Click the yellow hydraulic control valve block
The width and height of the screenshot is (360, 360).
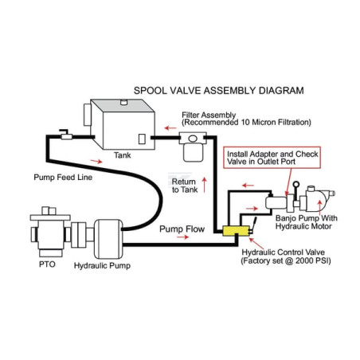(x=236, y=231)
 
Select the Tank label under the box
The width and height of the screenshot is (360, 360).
(x=123, y=155)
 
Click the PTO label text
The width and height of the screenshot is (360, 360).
(x=47, y=264)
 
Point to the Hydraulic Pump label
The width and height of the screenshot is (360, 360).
(x=102, y=266)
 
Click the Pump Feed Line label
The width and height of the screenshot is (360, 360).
(x=63, y=178)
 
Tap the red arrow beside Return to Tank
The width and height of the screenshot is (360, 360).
(x=204, y=185)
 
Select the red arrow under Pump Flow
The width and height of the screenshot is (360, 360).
(x=182, y=237)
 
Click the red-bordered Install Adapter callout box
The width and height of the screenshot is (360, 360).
(x=272, y=158)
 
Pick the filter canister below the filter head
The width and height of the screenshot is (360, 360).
(x=193, y=152)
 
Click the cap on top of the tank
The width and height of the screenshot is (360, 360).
(x=124, y=102)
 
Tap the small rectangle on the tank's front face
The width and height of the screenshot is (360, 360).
(x=142, y=139)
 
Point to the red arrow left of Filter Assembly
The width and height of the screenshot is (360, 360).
(x=170, y=128)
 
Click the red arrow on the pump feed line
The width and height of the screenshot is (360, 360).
(x=96, y=161)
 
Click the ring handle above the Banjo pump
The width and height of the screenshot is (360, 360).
(x=296, y=184)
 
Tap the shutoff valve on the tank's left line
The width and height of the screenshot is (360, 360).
(x=66, y=135)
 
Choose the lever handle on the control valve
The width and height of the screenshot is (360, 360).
(x=253, y=225)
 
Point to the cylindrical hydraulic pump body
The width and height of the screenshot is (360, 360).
(x=108, y=239)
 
